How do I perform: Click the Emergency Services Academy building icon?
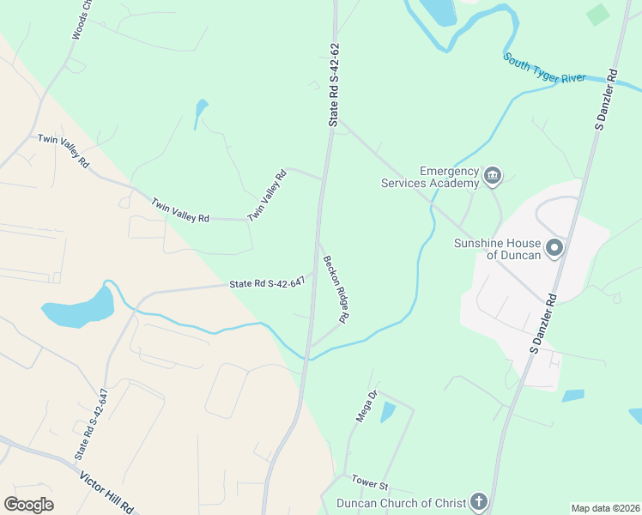[x=493, y=177]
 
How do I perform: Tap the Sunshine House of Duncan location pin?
[x=554, y=249]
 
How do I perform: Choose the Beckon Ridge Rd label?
[x=334, y=289]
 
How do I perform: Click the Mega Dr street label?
[x=367, y=406]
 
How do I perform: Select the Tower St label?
[x=372, y=486]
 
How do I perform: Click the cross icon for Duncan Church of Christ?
[x=478, y=503]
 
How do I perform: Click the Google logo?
[x=28, y=505]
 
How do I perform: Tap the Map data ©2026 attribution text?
[x=604, y=508]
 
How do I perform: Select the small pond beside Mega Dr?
[x=388, y=412]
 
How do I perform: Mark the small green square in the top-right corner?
[x=598, y=15]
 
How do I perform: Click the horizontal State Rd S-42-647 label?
[x=267, y=283]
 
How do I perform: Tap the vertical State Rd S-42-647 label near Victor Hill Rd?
[x=91, y=423]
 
